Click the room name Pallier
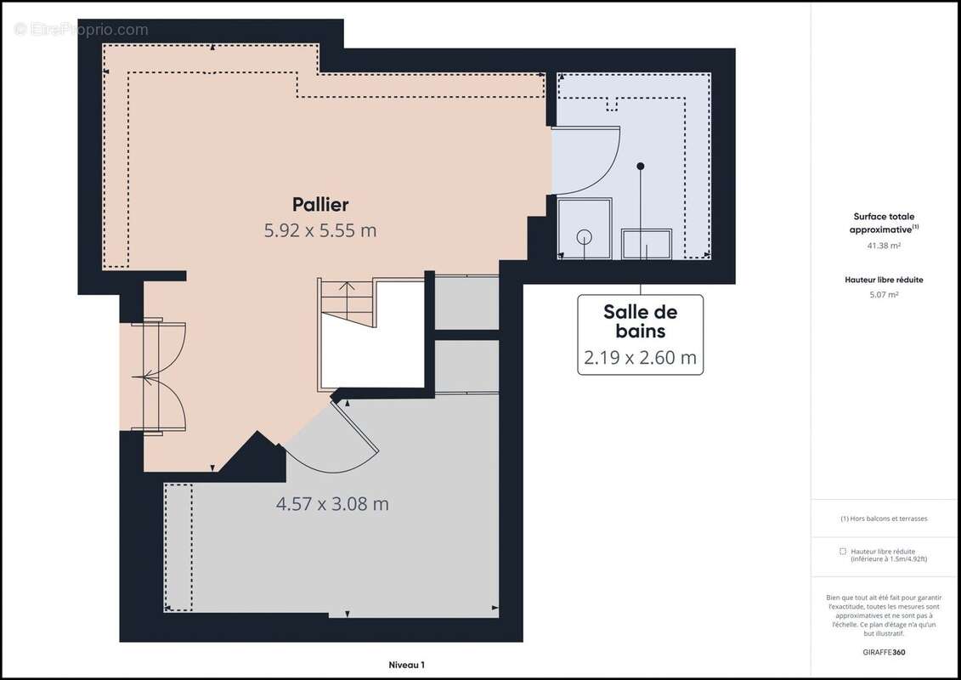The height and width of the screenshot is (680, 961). click(x=320, y=204)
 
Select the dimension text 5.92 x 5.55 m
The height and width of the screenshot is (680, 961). click(x=320, y=229)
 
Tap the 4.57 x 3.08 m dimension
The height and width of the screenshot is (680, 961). click(x=332, y=503)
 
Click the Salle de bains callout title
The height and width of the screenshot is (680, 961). click(x=641, y=321)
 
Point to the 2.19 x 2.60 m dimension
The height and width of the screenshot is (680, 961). click(x=641, y=358)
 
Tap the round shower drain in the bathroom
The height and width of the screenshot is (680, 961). click(x=585, y=236)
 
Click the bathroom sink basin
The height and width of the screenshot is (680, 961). click(x=647, y=245)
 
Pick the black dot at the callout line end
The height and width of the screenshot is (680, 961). click(x=642, y=166)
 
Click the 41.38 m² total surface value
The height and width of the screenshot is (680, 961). click(x=884, y=245)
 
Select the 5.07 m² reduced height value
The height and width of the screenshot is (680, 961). click(x=884, y=294)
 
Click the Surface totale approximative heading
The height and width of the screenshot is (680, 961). click(x=884, y=223)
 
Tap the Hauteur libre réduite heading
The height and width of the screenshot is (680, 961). click(x=884, y=279)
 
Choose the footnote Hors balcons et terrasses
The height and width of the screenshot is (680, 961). click(x=884, y=518)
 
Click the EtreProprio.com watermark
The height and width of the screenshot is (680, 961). click(x=82, y=30)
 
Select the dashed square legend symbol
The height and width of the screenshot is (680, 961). click(x=842, y=551)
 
